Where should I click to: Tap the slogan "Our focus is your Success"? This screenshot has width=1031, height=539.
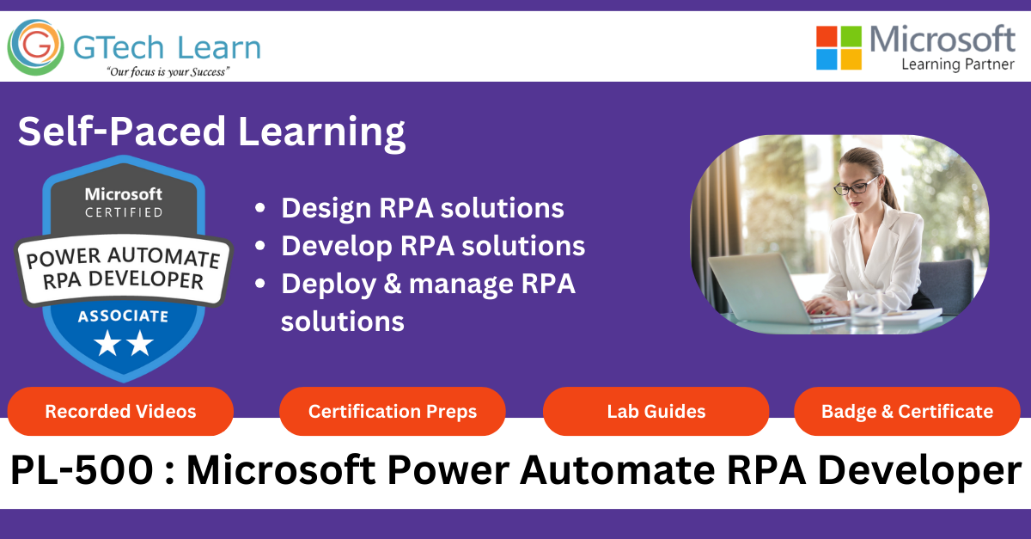[168, 72]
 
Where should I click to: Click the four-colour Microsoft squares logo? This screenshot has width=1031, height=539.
[839, 47]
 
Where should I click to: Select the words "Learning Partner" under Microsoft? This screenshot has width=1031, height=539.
[958, 64]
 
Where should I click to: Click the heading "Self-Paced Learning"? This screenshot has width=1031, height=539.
[211, 132]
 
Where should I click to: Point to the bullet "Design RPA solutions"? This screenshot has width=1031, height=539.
[422, 208]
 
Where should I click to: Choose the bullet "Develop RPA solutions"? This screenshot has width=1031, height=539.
[433, 246]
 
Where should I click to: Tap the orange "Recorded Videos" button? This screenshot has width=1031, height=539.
[120, 412]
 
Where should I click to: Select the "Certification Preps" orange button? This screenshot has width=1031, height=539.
[392, 412]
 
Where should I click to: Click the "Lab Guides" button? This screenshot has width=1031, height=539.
[656, 412]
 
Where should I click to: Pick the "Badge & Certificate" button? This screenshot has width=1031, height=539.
[906, 412]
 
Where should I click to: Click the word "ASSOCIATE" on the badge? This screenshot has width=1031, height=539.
[123, 315]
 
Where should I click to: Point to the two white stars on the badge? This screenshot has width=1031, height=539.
[123, 345]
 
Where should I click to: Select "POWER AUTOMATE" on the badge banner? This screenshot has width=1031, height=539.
[123, 258]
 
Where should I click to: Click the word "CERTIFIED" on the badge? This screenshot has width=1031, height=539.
[123, 211]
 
